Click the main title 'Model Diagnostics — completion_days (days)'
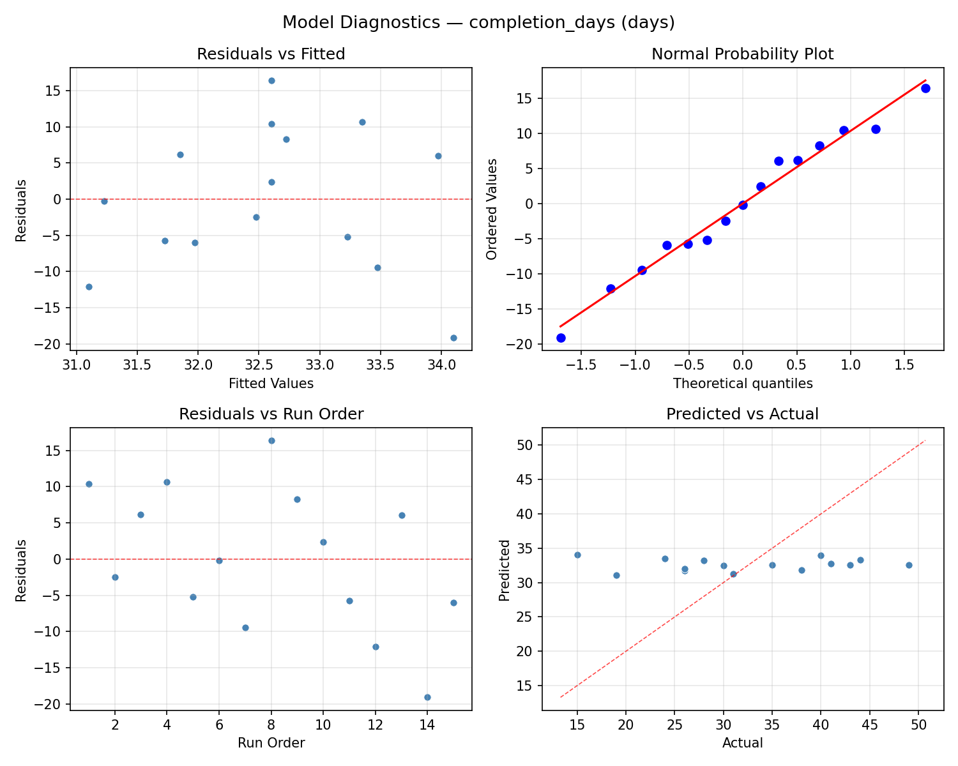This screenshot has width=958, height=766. pos(478,22)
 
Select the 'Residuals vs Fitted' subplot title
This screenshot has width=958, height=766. pos(271,54)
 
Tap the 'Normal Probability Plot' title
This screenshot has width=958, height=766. pos(742,54)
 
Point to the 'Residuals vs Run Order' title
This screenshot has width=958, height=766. pos(271,414)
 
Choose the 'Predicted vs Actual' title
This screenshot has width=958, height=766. pos(742,414)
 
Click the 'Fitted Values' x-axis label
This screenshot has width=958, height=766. pos(271,384)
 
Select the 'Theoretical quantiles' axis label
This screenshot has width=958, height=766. pos(742,384)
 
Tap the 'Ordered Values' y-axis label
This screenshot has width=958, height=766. pos(491,209)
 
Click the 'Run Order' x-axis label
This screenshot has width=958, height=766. pos(271,743)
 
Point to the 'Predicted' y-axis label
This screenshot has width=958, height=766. pos(505,569)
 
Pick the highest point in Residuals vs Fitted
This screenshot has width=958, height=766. pos(271,80)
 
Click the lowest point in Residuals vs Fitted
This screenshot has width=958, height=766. pos(453,338)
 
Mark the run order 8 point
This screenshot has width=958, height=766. pos(271,440)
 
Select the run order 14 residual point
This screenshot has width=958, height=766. pos(427,697)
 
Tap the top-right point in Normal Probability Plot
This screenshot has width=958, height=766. pos(925,88)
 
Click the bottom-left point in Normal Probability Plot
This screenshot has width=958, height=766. pos(561,338)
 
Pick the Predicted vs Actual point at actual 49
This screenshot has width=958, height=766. pos(909,565)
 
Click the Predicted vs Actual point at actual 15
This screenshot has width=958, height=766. pos(577,555)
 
